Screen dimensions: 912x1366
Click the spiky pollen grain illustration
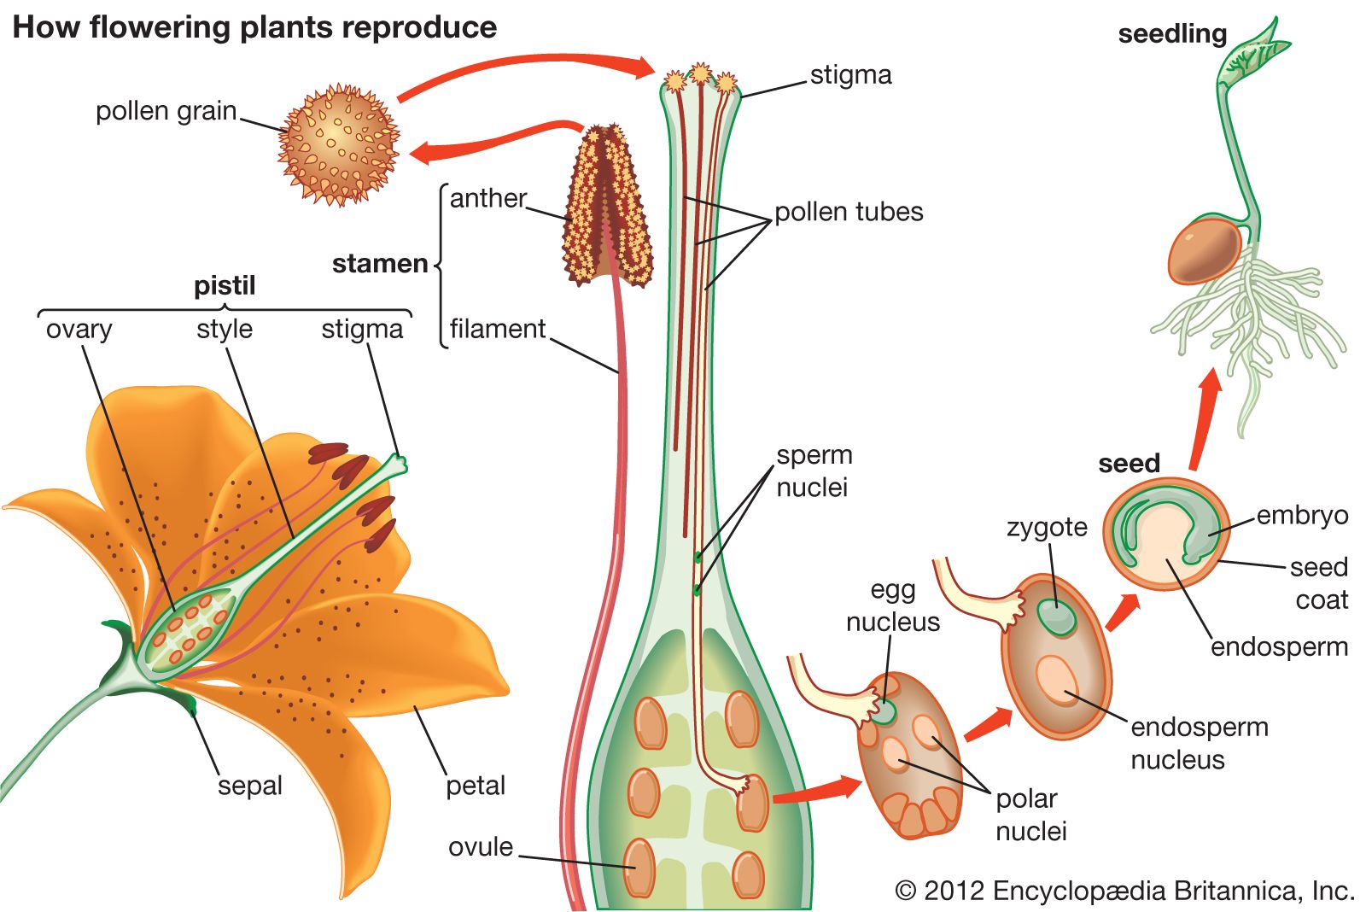(338, 144)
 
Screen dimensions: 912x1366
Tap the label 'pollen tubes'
(848, 212)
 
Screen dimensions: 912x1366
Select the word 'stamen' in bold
(379, 264)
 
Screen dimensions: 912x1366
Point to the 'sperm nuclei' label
(813, 471)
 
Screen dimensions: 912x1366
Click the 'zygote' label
(1047, 527)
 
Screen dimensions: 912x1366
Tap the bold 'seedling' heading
(1171, 34)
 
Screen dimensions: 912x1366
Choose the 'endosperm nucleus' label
(1198, 743)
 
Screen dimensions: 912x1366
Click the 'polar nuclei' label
(1030, 815)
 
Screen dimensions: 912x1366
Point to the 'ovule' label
(481, 847)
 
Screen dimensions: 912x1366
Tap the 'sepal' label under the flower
(249, 786)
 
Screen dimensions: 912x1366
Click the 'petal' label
(476, 786)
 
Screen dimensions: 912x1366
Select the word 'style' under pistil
(224, 329)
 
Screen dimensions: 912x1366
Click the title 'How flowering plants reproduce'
(254, 27)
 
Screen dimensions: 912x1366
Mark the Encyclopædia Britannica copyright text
(1124, 891)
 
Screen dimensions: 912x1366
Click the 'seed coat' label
(1319, 583)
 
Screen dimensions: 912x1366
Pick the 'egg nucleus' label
(892, 605)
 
